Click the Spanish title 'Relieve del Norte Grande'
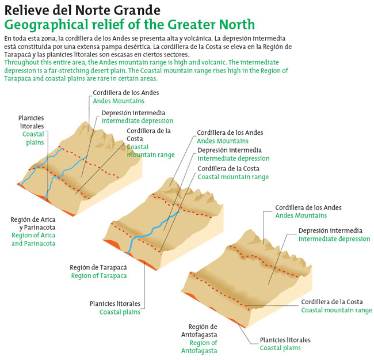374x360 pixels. coord(82,11)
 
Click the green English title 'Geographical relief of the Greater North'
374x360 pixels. coord(129,25)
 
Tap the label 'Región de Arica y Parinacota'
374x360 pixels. coord(32,223)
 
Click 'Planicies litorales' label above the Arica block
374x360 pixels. coord(31,122)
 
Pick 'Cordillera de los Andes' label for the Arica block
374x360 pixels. coord(125,92)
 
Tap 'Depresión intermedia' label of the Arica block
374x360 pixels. coord(133,113)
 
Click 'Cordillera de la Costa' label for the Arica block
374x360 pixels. coord(148,134)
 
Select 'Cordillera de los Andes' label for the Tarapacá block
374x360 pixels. coord(230,132)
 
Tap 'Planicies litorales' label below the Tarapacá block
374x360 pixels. coord(115,304)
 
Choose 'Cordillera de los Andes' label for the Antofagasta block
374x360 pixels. coord(308,207)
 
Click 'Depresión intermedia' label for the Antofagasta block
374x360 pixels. coord(330,230)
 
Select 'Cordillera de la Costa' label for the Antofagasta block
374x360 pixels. coord(337,301)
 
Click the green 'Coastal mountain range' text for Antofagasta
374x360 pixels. coord(337,310)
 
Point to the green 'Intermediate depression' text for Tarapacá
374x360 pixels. coord(234,158)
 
